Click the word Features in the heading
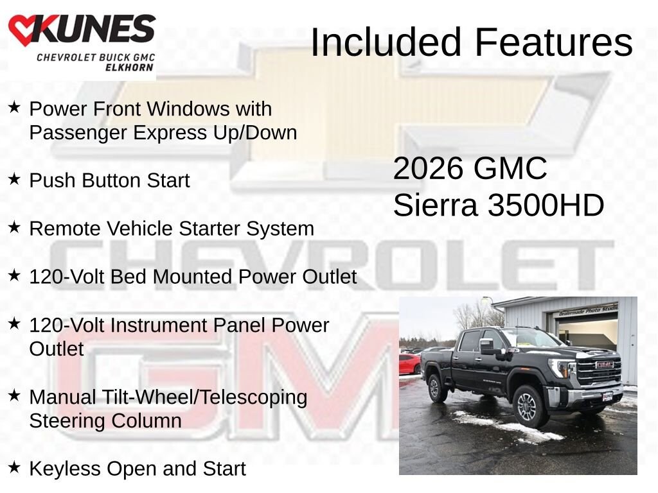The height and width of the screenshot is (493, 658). pos(554,42)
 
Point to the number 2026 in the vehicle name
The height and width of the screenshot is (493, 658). pos(428,169)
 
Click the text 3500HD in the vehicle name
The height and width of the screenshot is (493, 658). pos(546,206)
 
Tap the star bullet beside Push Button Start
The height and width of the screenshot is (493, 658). pos(14,180)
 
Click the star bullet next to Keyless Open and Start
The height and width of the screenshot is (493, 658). pos(14,468)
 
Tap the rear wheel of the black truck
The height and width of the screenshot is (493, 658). pos(438,388)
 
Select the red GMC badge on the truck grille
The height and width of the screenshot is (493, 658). pos(605,365)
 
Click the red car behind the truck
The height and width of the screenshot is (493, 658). pos(409,363)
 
